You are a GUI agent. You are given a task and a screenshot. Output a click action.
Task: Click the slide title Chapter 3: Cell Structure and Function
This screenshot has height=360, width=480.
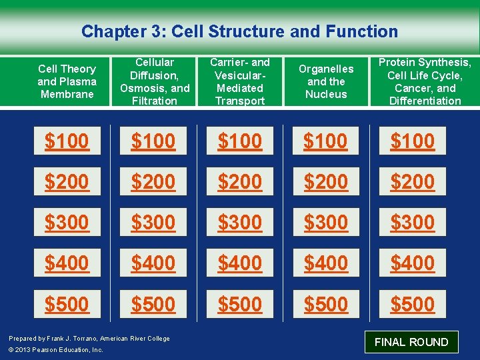click(239, 31)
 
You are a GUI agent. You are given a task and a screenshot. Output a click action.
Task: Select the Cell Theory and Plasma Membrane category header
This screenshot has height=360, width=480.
click(67, 81)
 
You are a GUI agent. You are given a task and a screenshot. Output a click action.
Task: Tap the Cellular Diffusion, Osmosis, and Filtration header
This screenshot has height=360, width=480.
click(154, 81)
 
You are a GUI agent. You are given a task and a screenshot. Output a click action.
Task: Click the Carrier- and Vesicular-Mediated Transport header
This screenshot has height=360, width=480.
click(240, 81)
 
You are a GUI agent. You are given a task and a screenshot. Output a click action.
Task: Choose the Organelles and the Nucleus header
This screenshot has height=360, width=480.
click(326, 81)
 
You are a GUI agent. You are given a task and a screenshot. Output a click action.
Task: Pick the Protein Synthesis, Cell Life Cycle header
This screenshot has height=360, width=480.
click(425, 81)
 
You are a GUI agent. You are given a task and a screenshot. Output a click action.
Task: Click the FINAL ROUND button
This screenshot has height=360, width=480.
click(411, 342)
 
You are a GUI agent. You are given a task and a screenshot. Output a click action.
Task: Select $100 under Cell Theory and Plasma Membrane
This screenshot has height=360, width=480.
click(67, 141)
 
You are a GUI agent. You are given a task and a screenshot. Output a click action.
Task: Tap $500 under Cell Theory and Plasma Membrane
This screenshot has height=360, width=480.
click(67, 304)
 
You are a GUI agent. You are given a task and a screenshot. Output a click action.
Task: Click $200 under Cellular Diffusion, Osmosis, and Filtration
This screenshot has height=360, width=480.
click(153, 181)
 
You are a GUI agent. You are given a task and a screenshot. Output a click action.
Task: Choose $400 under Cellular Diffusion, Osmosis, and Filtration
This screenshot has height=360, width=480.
click(153, 263)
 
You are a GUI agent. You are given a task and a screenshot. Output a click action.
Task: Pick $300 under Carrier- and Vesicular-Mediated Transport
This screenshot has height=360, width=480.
click(240, 222)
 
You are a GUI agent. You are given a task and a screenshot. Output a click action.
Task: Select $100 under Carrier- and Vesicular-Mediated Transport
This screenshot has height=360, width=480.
click(240, 141)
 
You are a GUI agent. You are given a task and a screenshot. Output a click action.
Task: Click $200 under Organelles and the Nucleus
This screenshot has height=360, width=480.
click(326, 181)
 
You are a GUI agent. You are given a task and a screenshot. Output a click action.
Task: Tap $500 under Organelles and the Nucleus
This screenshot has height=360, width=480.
click(326, 304)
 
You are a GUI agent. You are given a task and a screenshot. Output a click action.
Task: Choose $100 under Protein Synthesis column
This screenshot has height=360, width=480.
click(413, 141)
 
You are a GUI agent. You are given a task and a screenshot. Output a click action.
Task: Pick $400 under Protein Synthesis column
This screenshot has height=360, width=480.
click(413, 263)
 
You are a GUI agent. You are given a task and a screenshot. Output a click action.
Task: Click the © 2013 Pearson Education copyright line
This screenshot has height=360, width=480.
click(56, 350)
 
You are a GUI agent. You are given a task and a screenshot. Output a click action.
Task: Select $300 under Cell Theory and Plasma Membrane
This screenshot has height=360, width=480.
click(67, 222)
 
